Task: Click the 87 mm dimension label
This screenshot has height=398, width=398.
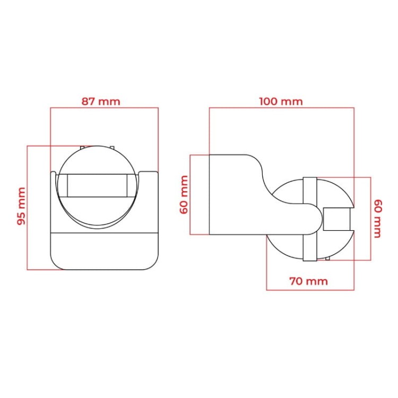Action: coord(100,101)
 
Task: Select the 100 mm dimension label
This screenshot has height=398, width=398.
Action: coord(281,101)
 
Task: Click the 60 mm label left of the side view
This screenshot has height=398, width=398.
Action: coord(184,194)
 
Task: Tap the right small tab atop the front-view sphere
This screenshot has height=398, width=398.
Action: coord(112,147)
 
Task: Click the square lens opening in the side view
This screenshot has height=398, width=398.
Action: coord(336,219)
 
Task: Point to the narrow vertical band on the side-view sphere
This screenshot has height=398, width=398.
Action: coord(310,219)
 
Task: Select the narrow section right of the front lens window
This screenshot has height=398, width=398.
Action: coord(132,186)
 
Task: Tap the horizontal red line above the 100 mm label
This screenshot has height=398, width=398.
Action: coord(281,108)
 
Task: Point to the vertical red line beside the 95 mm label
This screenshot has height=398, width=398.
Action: coord(27,207)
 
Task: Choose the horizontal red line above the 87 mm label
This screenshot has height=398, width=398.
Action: coord(104,108)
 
